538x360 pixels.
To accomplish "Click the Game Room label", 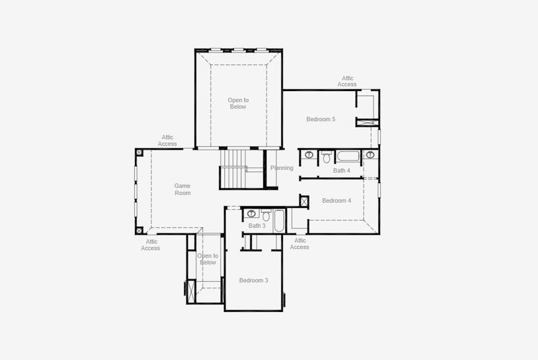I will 182,190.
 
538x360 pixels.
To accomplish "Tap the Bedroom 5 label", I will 320,119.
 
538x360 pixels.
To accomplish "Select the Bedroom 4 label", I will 336,200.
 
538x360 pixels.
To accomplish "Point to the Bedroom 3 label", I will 253,280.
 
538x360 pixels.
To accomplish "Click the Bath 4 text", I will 341,170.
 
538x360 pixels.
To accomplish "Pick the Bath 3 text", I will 257,226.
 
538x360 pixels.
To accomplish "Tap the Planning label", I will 282,168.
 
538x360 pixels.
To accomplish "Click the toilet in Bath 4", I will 326,157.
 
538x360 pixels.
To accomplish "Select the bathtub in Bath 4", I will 348,157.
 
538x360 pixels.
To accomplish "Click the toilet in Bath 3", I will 266,215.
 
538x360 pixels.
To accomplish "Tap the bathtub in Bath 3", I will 280,221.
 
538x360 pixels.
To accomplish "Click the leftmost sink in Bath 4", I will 309,155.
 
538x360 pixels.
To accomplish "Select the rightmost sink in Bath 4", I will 370,155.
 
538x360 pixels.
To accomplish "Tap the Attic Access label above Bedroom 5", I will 347,81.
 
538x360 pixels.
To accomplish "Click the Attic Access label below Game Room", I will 151,245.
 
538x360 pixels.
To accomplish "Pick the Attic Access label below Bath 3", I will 299,244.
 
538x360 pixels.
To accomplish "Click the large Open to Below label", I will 238,103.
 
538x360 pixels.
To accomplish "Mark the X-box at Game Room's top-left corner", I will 139,152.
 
